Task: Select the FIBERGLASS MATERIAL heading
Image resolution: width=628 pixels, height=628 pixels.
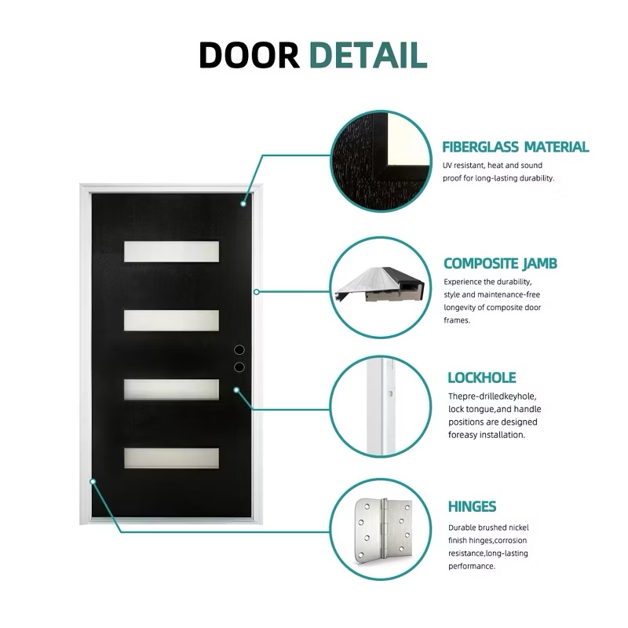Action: coord(515,147)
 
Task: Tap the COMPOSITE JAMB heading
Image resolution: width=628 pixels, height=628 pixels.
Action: coord(500,264)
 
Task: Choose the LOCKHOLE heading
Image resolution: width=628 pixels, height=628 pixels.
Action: coord(481,378)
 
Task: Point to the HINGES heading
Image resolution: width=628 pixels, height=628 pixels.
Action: coord(471,506)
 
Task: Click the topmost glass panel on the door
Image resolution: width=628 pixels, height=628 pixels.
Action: coord(171,250)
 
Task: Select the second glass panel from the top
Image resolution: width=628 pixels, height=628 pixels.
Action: coord(171,319)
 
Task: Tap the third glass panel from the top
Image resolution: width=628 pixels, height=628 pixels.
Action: coord(171,389)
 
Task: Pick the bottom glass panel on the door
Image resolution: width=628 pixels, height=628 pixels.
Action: coord(171,458)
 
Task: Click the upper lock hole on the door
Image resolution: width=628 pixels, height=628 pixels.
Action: coord(240,349)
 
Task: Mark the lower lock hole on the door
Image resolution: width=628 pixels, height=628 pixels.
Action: coord(240,367)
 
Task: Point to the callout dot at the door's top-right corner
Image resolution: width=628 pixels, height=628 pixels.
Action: coord(244,203)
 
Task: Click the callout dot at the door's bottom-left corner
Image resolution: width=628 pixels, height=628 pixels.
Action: coord(93,481)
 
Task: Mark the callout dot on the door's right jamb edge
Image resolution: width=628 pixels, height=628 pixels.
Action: coord(256,292)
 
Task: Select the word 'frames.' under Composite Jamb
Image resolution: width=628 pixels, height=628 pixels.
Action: coord(457,320)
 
